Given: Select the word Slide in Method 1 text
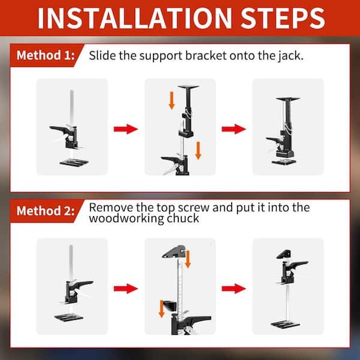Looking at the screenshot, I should pyautogui.click(x=101, y=56).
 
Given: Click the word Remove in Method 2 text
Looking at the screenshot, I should pyautogui.click(x=109, y=208).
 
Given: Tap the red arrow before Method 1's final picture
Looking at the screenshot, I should pyautogui.click(x=233, y=128).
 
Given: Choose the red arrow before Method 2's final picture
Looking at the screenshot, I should pyautogui.click(x=233, y=288).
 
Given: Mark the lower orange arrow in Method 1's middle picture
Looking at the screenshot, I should pyautogui.click(x=198, y=150).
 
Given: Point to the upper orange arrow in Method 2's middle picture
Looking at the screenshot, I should pyautogui.click(x=187, y=259).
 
